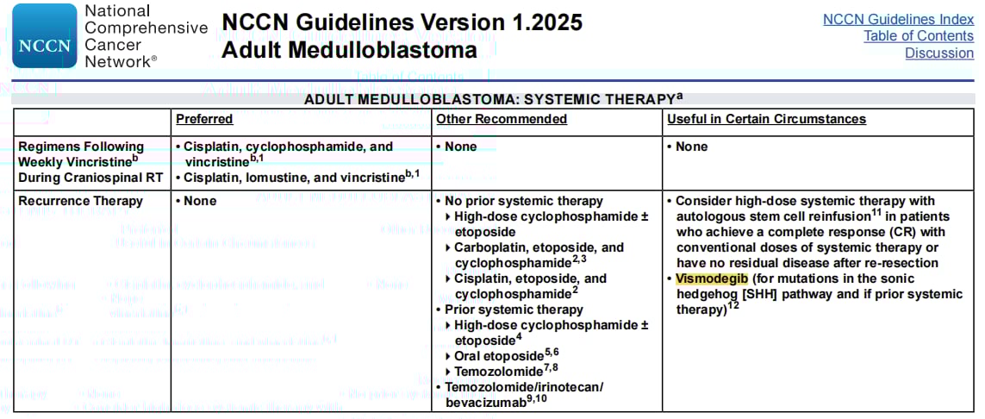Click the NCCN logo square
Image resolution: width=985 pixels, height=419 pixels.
click(x=44, y=35)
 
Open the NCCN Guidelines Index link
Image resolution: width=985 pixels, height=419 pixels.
click(x=898, y=19)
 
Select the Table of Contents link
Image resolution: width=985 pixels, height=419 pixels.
click(x=919, y=35)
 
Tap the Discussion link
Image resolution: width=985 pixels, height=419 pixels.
click(x=938, y=53)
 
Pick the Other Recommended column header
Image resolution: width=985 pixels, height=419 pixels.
click(x=502, y=119)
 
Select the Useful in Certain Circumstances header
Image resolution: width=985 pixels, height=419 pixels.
click(x=766, y=119)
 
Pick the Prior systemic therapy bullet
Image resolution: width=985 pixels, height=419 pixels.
click(x=514, y=309)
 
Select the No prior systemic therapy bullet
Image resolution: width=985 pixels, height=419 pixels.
click(x=523, y=201)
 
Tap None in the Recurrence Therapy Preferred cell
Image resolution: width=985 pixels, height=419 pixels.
click(x=200, y=201)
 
